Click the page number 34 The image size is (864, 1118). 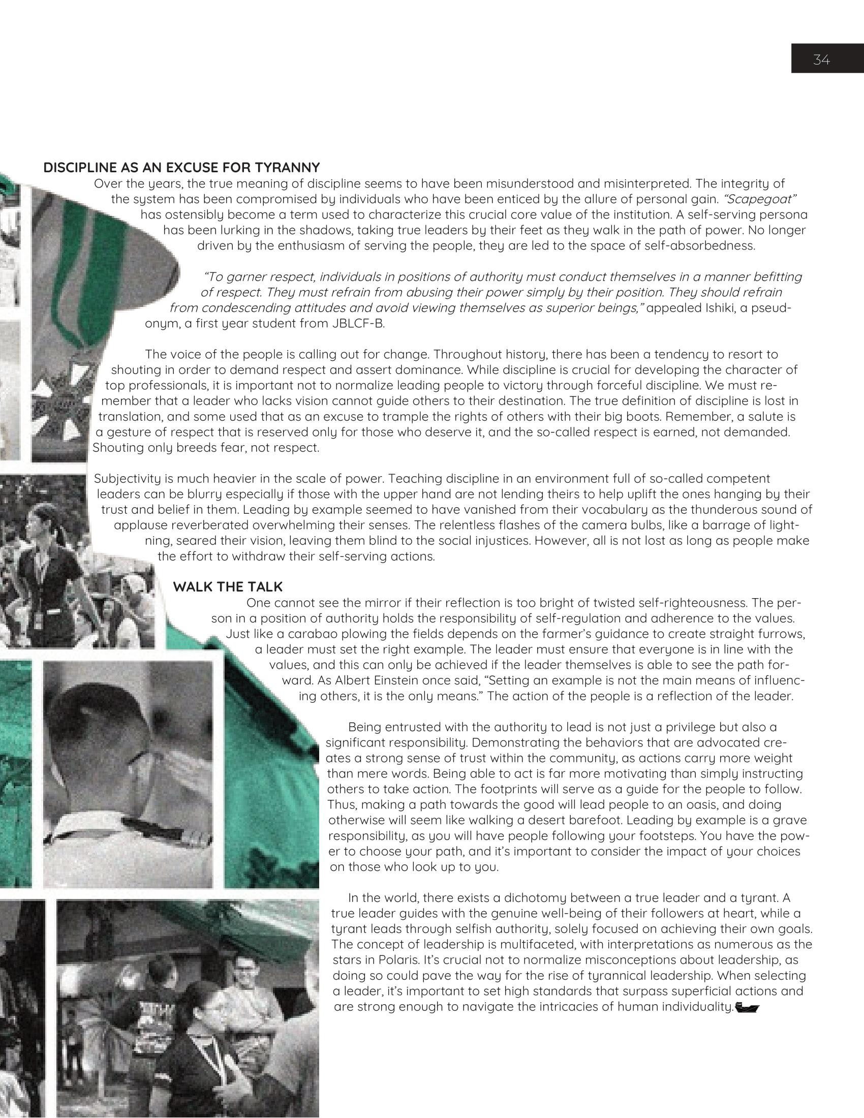click(x=821, y=60)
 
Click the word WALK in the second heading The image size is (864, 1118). click(x=191, y=586)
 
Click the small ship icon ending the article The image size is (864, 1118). click(x=747, y=1007)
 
